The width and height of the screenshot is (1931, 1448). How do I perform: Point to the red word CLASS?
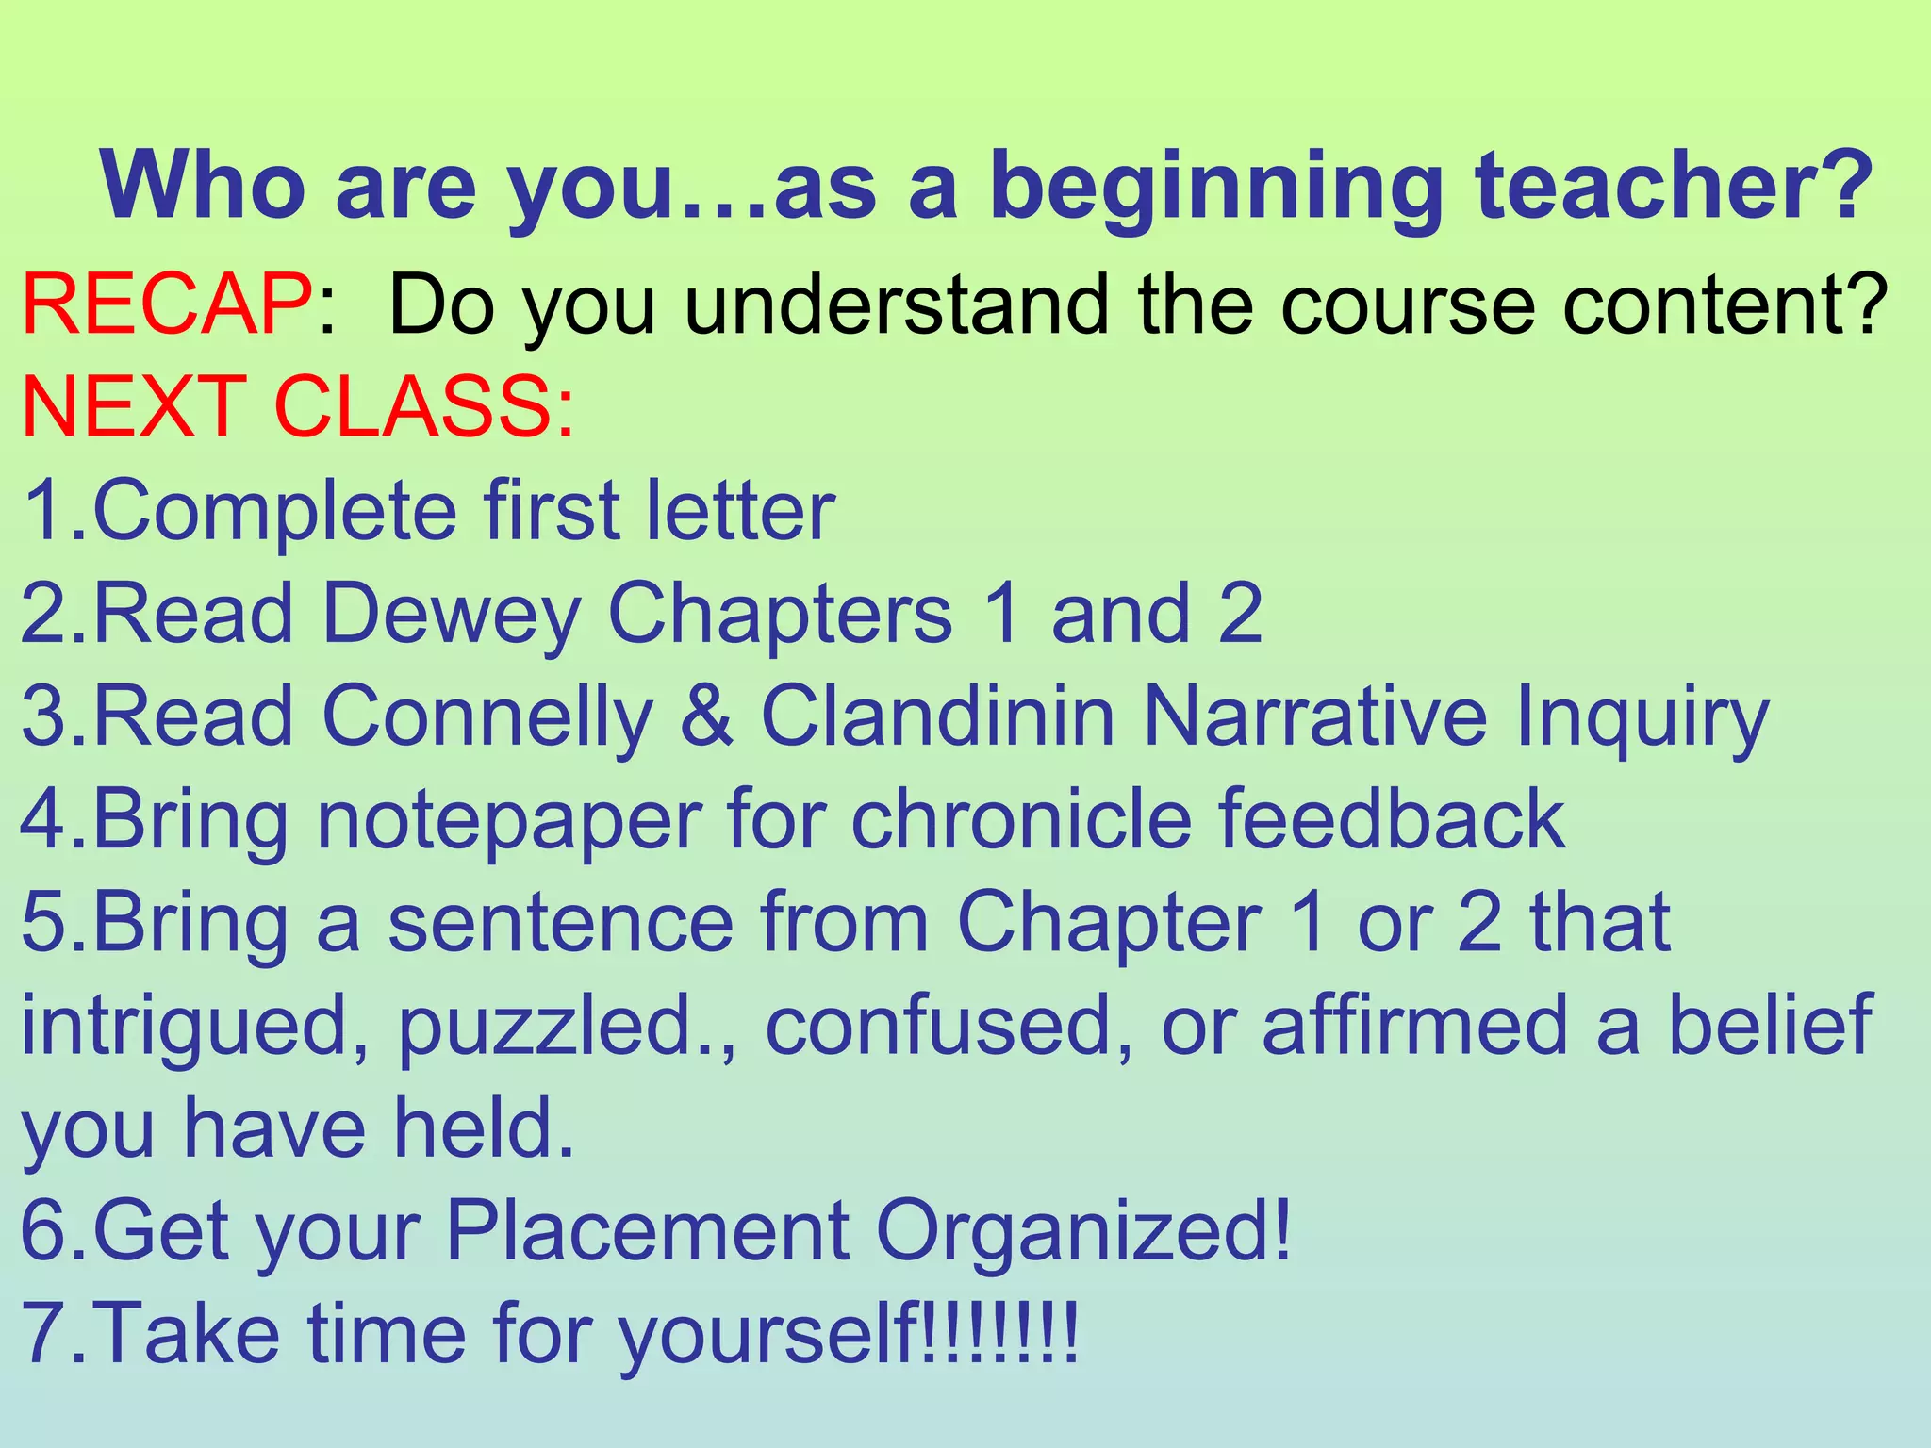click(x=424, y=407)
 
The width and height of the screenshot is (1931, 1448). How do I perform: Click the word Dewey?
click(x=451, y=615)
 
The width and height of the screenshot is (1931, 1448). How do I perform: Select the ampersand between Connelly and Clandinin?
click(x=706, y=716)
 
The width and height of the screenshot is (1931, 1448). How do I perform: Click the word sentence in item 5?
click(x=561, y=922)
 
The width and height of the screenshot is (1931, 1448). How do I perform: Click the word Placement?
click(x=649, y=1231)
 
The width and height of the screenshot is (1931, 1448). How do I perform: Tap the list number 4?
click(x=43, y=820)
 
